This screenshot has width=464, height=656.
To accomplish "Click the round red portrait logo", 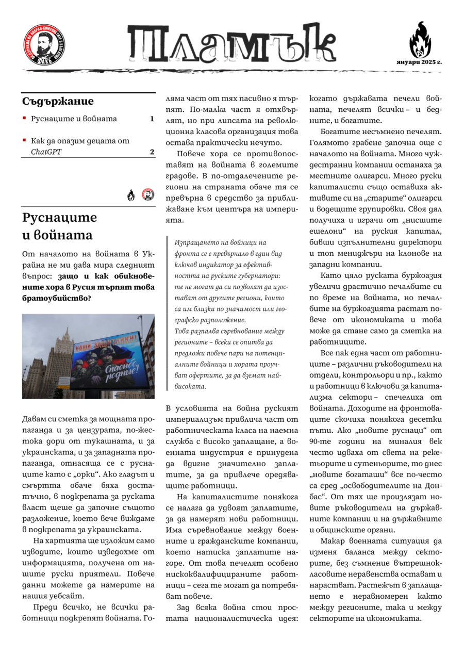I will click(x=44, y=44).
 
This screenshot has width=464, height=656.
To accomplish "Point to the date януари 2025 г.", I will click(x=420, y=62).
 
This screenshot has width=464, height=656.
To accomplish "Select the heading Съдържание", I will click(x=58, y=102).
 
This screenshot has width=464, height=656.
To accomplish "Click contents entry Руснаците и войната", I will click(x=74, y=119).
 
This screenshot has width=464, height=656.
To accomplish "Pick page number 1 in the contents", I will click(x=152, y=119).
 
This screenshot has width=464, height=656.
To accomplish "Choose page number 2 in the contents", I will click(x=152, y=152).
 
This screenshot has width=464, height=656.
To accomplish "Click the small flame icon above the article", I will click(x=131, y=195).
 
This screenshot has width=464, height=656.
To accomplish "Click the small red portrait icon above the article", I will click(x=148, y=195).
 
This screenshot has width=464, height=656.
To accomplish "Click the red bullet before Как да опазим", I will click(x=24, y=140).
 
